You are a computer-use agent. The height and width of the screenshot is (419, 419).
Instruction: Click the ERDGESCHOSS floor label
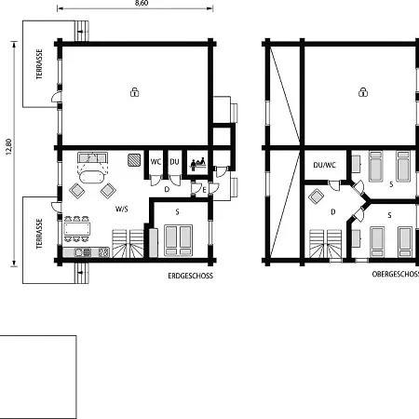(191, 276)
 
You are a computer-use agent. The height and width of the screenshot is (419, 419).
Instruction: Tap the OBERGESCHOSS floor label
(396, 274)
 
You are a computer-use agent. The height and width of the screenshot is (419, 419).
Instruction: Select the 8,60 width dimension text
(142, 3)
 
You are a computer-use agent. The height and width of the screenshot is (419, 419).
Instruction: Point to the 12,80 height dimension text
(8, 146)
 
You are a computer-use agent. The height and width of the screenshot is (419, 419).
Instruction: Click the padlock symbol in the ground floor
(134, 92)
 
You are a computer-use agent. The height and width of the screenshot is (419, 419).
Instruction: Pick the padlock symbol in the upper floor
(363, 92)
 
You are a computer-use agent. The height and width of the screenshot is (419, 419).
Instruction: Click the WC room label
(155, 162)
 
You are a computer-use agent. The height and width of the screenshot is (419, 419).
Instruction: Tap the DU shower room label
(174, 162)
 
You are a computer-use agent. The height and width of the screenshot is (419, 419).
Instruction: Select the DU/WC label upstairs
(325, 165)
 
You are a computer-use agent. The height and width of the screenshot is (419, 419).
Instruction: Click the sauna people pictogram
(198, 164)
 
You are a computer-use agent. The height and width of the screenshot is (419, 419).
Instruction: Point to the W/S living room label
(122, 209)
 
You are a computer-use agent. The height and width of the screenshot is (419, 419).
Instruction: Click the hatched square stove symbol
(134, 160)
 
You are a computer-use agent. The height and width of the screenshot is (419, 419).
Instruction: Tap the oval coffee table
(92, 177)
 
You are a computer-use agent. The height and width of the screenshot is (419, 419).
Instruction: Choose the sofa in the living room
(92, 157)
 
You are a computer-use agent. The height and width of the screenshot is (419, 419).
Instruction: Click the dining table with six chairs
(77, 229)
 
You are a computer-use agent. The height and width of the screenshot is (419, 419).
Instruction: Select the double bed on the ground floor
(178, 240)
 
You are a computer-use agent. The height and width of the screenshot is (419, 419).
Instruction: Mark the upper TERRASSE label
(39, 64)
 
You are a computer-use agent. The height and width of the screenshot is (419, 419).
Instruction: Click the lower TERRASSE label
(39, 234)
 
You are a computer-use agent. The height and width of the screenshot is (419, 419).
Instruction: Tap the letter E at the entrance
(204, 190)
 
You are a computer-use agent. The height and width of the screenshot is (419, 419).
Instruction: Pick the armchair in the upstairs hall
(317, 196)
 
